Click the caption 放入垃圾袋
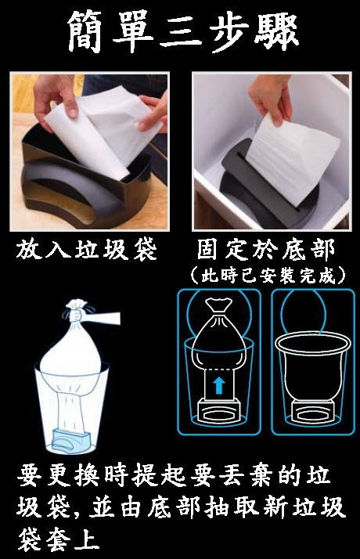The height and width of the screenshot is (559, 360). click(x=87, y=250)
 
